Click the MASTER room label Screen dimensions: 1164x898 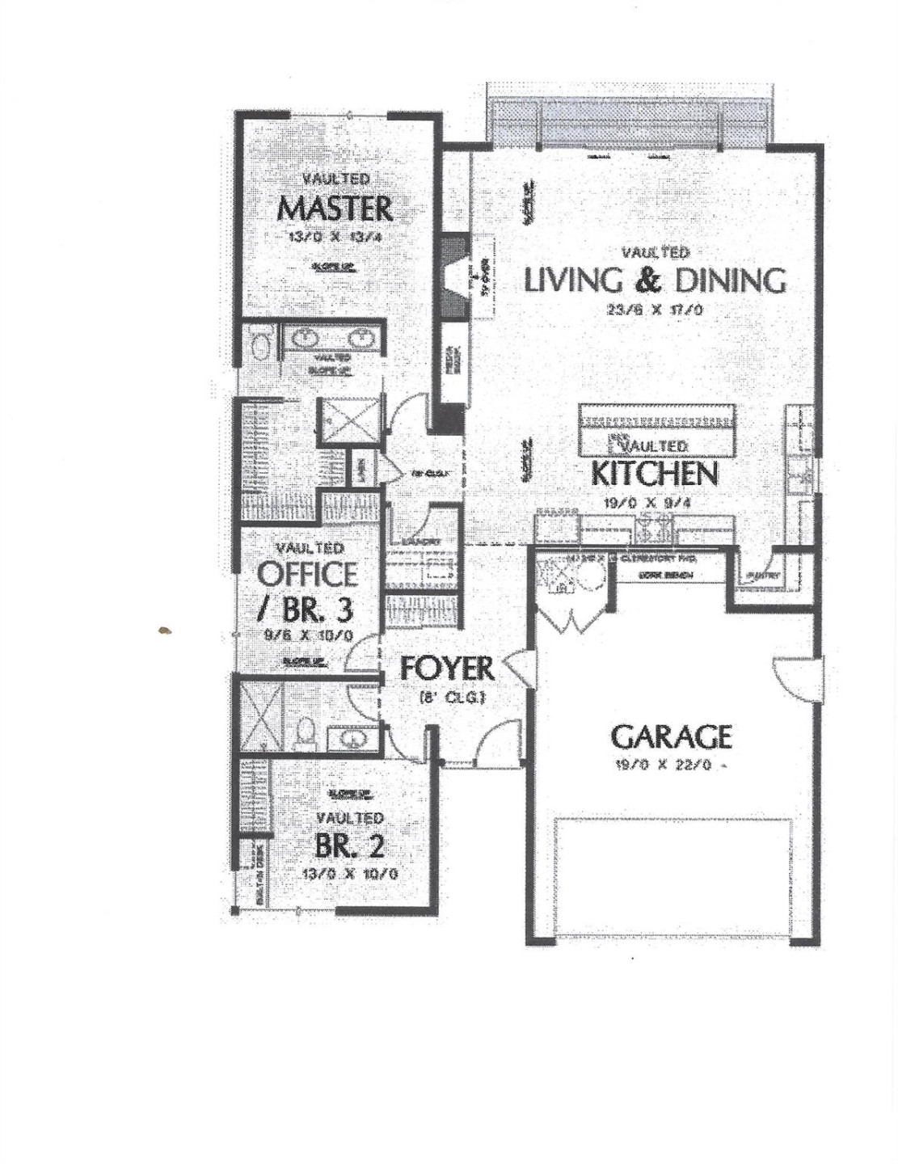coord(335,209)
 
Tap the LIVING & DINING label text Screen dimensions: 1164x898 coord(655,280)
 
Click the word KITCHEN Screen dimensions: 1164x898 coord(654,474)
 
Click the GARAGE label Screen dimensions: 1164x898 coord(671,736)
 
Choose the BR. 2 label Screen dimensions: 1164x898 coord(349,846)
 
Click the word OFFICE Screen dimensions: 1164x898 coord(307,574)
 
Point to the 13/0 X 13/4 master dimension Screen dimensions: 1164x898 coord(335,237)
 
